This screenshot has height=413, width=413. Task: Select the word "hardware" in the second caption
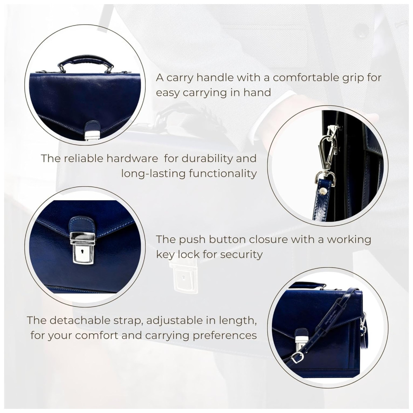click(x=132, y=159)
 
